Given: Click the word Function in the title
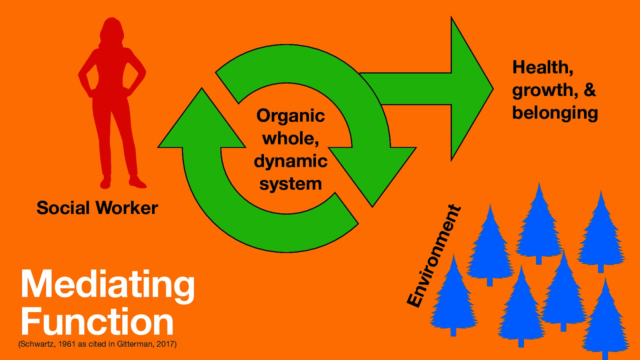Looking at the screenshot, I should [97, 322].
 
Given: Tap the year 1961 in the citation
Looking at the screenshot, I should [67, 344].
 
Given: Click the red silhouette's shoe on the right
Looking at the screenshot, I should [137, 182].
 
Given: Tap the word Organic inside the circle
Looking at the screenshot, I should [290, 116].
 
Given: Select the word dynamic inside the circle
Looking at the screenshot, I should [290, 161].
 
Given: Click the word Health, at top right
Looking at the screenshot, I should [543, 67].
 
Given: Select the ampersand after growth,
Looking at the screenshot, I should [590, 90].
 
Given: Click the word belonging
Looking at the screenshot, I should [555, 113].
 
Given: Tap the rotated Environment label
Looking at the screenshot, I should [434, 256].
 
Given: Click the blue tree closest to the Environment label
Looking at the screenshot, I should [453, 300].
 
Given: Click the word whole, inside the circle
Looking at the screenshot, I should [290, 139].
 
